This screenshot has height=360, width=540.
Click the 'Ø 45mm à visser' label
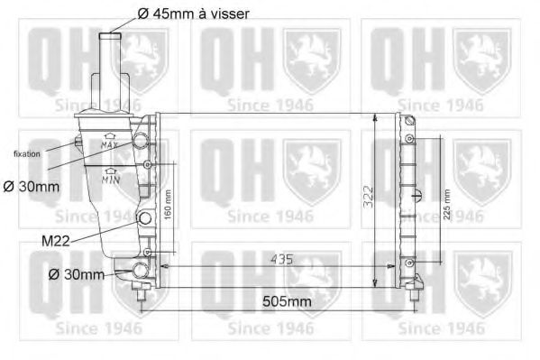click(193, 14)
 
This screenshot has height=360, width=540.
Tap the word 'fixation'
click(27, 154)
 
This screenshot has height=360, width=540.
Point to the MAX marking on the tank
click(110, 143)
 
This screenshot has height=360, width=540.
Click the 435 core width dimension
click(281, 260)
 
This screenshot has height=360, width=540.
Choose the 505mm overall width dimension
click(287, 301)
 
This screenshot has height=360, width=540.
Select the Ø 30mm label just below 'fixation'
click(30, 187)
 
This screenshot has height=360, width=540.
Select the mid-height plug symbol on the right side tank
click(414, 197)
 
